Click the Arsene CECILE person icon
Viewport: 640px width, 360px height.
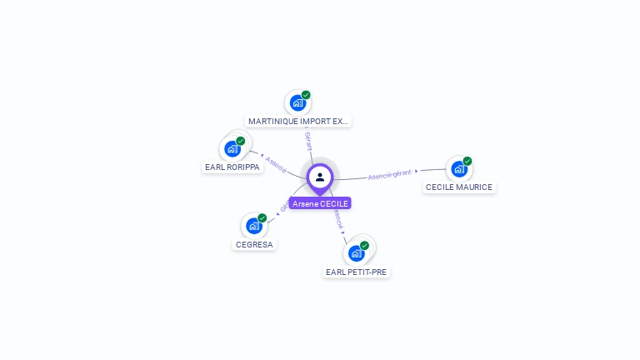pyautogui.click(x=320, y=177)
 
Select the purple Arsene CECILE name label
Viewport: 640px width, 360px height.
pyautogui.click(x=320, y=203)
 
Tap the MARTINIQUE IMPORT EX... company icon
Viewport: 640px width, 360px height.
pyautogui.click(x=297, y=103)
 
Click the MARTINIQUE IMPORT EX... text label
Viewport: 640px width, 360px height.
pyautogui.click(x=298, y=122)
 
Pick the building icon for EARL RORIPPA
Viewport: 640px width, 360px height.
pyautogui.click(x=232, y=149)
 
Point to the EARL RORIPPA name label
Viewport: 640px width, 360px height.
pyautogui.click(x=232, y=167)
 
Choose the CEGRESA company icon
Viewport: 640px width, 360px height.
pyautogui.click(x=254, y=226)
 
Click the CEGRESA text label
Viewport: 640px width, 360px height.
pyautogui.click(x=254, y=245)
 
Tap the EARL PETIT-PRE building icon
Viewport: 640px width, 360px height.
pyautogui.click(x=357, y=253)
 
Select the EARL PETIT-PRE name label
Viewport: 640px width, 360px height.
pyautogui.click(x=357, y=272)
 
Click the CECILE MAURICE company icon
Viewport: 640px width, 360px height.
pyautogui.click(x=458, y=169)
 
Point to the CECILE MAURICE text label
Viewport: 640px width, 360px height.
pyautogui.click(x=459, y=187)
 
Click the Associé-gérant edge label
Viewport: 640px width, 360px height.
pyautogui.click(x=390, y=175)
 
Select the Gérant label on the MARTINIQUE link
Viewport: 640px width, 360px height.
pyautogui.click(x=308, y=140)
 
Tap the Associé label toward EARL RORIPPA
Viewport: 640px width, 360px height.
pyautogui.click(x=276, y=164)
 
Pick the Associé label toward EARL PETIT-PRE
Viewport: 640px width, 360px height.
pyautogui.click(x=337, y=218)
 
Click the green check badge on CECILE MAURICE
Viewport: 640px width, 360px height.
pyautogui.click(x=467, y=161)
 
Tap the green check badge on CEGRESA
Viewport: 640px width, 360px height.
pyautogui.click(x=262, y=217)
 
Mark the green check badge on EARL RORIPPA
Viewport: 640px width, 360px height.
pyautogui.click(x=241, y=141)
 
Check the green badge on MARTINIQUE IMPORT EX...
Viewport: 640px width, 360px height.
pyautogui.click(x=306, y=95)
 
